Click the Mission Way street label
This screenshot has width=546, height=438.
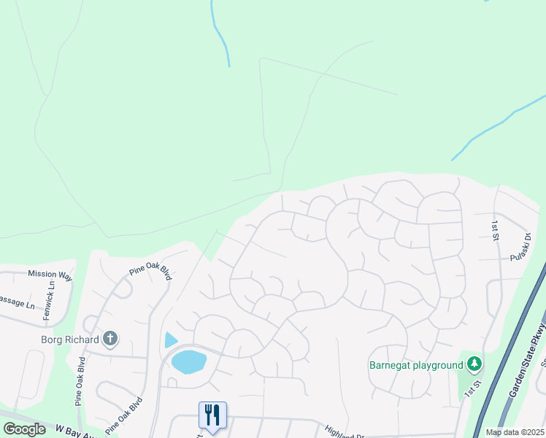(50, 274)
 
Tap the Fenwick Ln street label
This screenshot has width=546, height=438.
(52, 296)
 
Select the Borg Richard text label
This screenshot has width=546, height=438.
(71, 339)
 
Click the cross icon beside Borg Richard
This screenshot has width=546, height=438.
(110, 338)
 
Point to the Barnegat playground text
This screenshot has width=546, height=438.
(416, 365)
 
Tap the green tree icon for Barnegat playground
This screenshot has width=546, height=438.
(474, 364)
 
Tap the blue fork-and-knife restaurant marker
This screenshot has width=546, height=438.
(212, 415)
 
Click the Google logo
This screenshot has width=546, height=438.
(24, 429)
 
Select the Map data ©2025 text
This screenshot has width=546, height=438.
(514, 432)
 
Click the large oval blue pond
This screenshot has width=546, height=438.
(189, 361)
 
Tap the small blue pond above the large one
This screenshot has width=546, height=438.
(170, 339)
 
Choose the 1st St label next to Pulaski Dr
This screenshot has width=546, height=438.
(495, 229)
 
